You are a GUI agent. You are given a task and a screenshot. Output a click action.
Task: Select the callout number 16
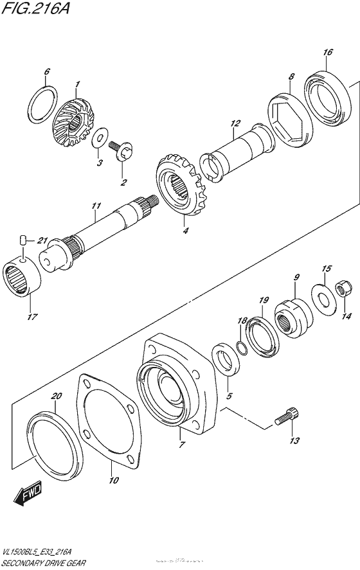click(328, 52)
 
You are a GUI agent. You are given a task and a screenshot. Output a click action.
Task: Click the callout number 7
click(181, 444)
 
